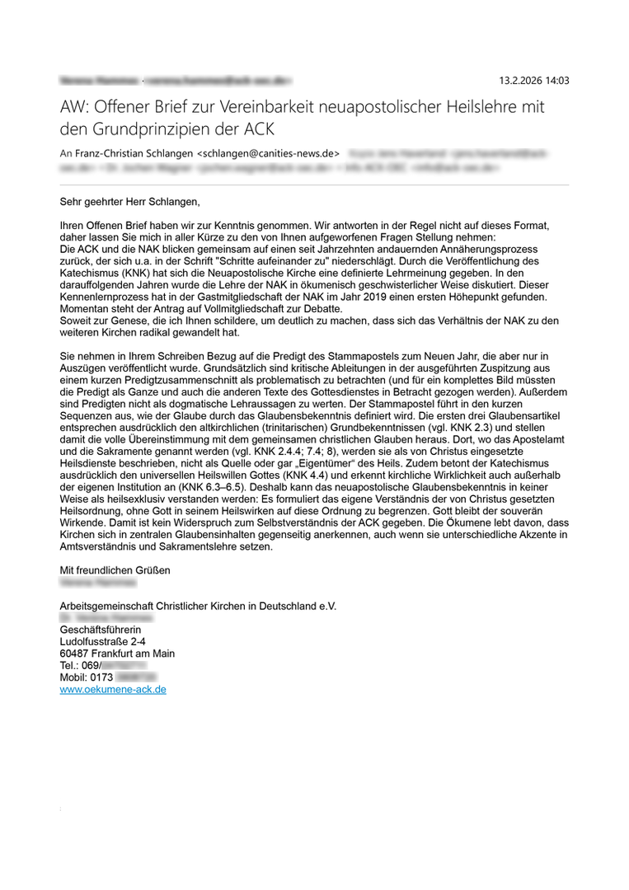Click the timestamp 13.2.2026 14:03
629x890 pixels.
pos(534,81)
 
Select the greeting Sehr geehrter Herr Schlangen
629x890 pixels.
pos(130,201)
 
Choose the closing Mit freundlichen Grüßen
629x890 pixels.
pos(115,569)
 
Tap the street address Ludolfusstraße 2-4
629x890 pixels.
pos(103,641)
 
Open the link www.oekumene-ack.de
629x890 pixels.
pos(113,689)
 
